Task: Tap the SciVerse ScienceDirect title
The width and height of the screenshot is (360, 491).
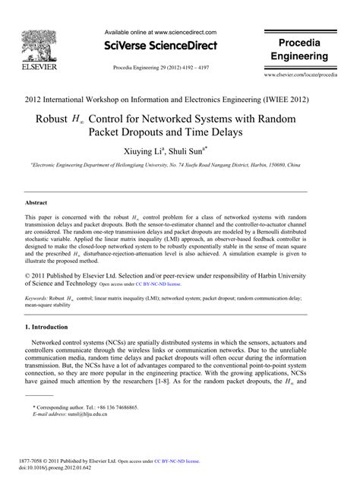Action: [x=160, y=46]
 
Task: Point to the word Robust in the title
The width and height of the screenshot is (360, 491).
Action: [x=53, y=120]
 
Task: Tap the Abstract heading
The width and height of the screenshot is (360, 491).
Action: [x=36, y=204]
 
